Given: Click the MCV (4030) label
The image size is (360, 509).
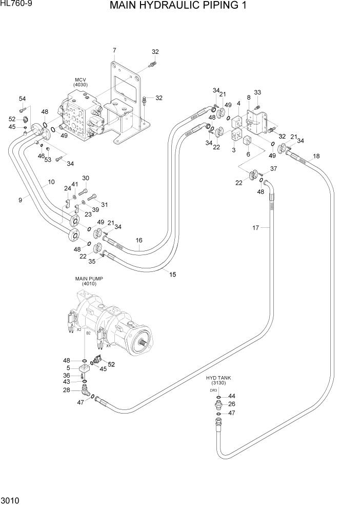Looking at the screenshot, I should tap(81, 82).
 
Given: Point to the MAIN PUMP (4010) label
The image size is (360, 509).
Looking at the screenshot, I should tap(89, 281).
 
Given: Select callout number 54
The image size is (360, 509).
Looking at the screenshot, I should tap(23, 99).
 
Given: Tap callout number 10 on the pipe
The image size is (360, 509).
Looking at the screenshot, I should tap(51, 182).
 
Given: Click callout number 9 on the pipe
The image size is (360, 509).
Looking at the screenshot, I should tap(21, 200).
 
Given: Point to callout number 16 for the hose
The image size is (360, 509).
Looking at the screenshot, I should tap(138, 240).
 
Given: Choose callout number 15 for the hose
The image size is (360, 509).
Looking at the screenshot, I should tap(173, 275).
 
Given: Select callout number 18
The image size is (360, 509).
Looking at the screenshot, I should tap(316, 156).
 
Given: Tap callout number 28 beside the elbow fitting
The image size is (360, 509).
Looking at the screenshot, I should tap(66, 390).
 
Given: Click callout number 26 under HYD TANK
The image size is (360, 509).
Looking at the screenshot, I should tap(232, 404).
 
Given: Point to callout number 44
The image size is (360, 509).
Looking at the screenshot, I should tap(232, 396).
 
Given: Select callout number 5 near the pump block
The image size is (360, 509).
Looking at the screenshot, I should tap(68, 367).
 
